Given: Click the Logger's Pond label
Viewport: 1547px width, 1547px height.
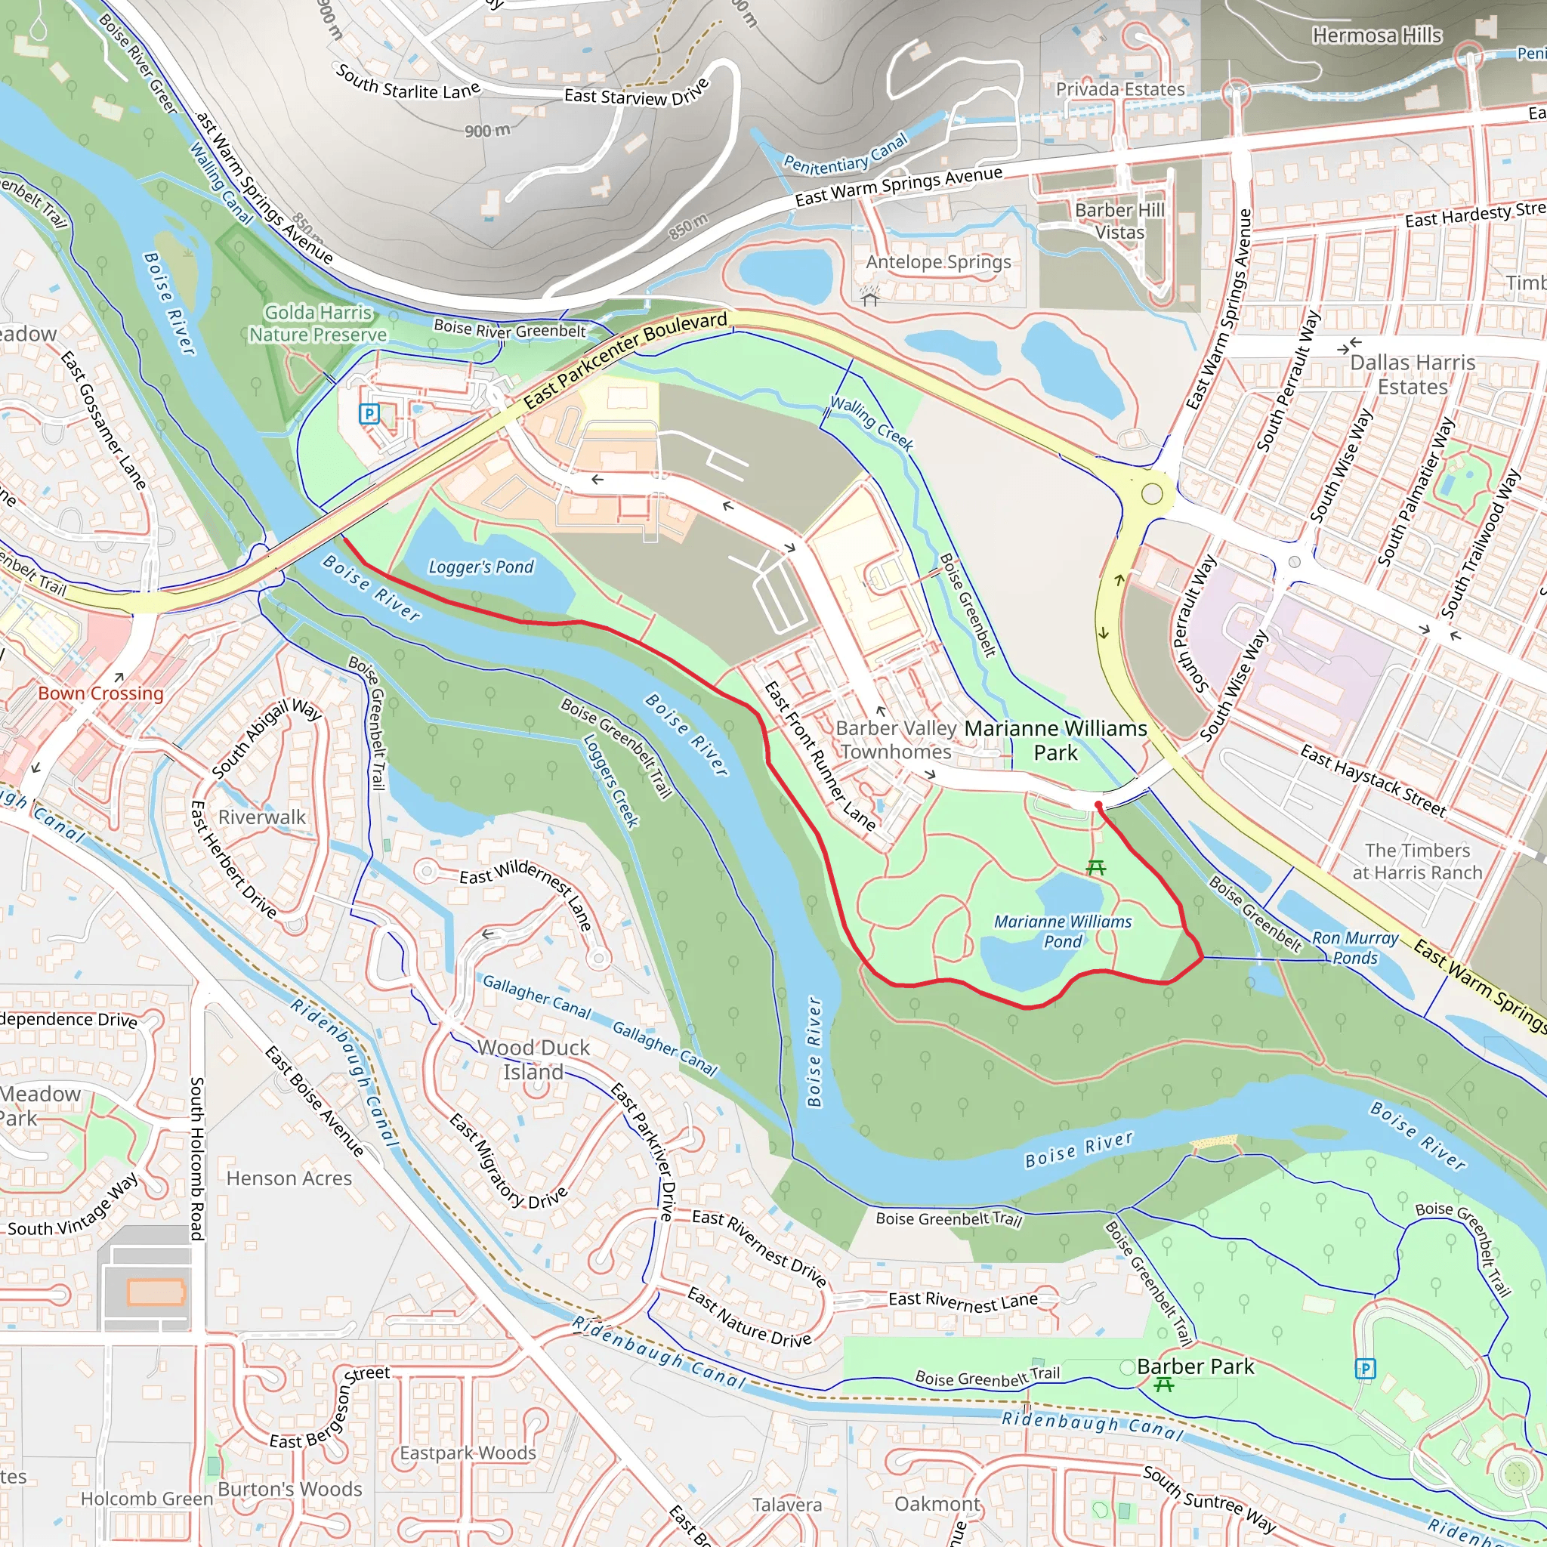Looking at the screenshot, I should tap(480, 567).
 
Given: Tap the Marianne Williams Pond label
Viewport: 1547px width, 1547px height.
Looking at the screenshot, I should tap(1063, 931).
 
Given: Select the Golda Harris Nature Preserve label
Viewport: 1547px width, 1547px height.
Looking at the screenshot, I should tap(318, 323).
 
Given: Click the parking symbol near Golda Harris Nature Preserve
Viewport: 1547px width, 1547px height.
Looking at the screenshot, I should tap(369, 414).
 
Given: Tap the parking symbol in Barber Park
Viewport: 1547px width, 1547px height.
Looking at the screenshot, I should tap(1365, 1369).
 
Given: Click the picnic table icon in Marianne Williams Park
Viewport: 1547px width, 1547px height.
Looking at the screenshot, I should tap(1096, 867).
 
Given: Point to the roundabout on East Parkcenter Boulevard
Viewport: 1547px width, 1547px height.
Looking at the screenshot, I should tap(1151, 494).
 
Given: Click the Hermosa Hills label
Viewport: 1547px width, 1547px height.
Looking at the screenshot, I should tap(1376, 36).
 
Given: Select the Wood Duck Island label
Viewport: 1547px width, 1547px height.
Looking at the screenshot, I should tap(533, 1059).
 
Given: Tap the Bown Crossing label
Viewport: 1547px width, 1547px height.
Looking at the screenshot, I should tap(101, 693).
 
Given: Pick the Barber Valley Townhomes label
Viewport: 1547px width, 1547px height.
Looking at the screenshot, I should tap(896, 740).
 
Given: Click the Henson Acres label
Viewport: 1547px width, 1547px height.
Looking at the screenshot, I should tap(289, 1178).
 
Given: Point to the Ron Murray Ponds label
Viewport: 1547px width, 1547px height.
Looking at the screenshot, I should tap(1355, 947).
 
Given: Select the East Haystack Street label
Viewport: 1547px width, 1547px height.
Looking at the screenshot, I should tap(1373, 781).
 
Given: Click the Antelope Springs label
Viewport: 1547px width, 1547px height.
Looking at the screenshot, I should tap(937, 262).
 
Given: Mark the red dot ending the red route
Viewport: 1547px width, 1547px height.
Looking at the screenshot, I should tap(1098, 804).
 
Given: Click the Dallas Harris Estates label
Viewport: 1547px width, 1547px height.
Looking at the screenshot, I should tap(1413, 374).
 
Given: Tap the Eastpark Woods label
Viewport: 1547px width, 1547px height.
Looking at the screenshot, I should tap(468, 1453).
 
